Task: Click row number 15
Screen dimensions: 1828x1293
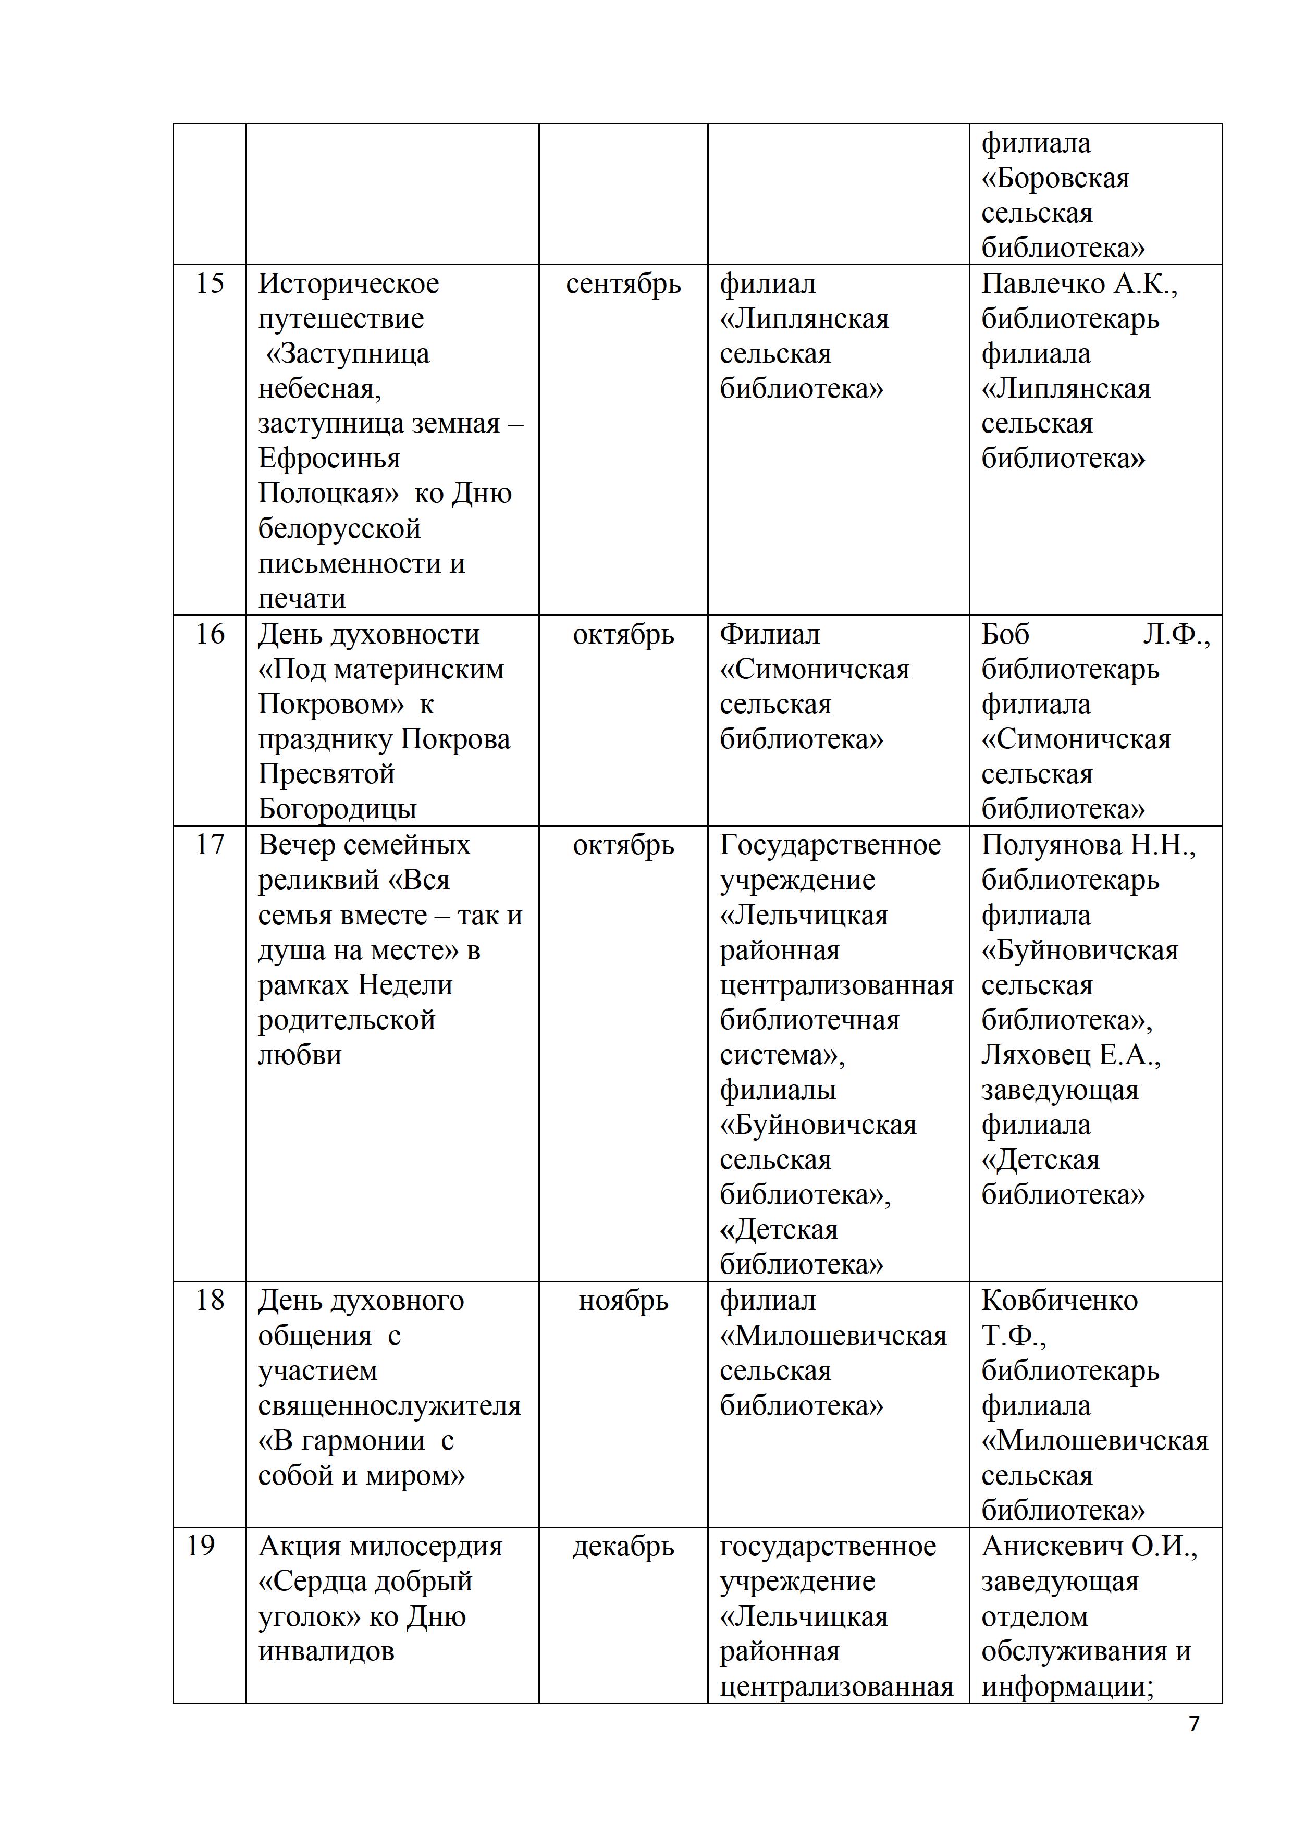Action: [x=210, y=283]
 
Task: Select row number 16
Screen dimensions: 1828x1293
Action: [x=210, y=635]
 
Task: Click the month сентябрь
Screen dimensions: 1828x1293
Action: [x=623, y=284]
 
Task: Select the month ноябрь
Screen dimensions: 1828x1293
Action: [x=623, y=1301]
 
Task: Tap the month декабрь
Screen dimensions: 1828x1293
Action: [x=623, y=1547]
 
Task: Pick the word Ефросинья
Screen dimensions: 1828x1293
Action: [x=329, y=460]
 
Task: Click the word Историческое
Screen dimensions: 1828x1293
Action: [x=349, y=283]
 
